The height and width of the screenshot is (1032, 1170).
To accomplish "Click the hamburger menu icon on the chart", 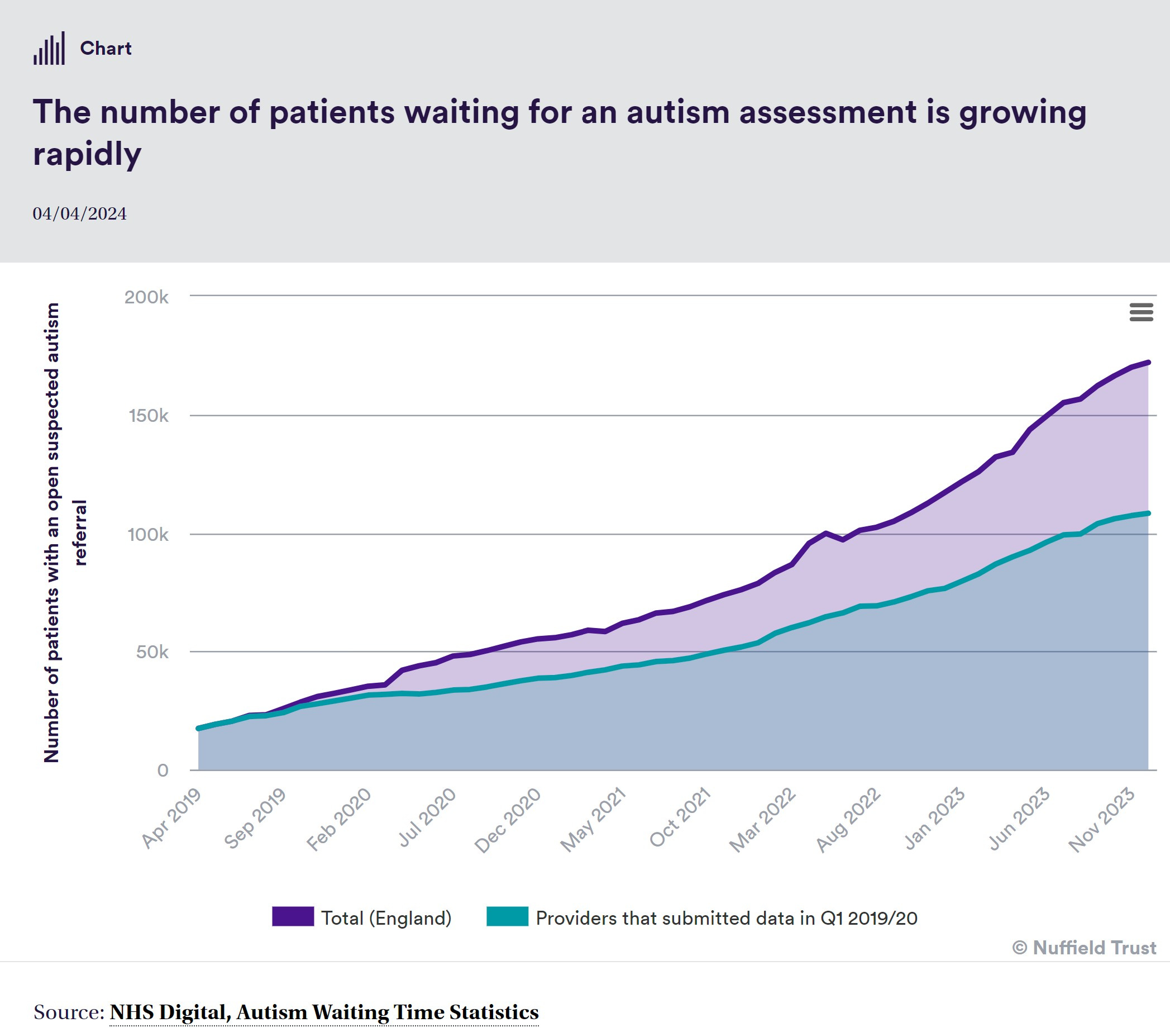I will pos(1141,312).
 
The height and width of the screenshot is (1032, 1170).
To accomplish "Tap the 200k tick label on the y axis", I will pos(146,297).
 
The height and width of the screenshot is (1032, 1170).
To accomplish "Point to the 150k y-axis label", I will pos(148,415).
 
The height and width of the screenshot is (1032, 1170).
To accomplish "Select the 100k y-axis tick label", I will pos(147,534).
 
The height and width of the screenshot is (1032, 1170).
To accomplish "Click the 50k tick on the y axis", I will pos(152,651).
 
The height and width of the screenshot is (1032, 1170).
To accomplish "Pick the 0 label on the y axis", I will pos(163,771).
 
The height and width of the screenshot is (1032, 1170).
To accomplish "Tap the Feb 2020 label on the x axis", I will pos(339,820).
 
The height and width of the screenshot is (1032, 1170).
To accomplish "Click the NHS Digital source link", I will pos(324,1012).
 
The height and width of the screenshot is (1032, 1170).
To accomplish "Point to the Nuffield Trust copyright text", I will pos(1084,948).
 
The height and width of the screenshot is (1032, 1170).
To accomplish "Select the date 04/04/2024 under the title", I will pos(79,213).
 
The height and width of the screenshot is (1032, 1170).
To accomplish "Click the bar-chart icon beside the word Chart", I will pos(49,48).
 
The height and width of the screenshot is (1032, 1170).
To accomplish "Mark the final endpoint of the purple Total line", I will pos(1148,363).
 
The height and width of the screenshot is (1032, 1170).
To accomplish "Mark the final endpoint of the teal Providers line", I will pos(1148,513).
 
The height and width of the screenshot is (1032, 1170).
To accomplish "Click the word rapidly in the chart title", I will pos(87,154).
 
